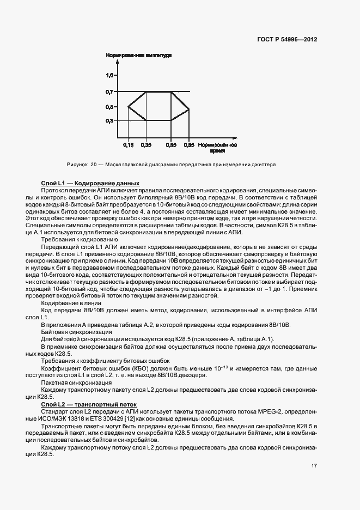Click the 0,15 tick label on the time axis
pos(128,145)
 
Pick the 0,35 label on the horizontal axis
pos(146,145)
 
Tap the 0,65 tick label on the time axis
pos(171,145)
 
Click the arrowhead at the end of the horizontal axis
pos(234,135)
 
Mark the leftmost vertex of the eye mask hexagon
pos(127,107)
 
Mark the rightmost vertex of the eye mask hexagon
pos(188,110)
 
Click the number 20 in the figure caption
pos(93,164)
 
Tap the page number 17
pos(314,465)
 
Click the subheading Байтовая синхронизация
pos(77,332)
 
